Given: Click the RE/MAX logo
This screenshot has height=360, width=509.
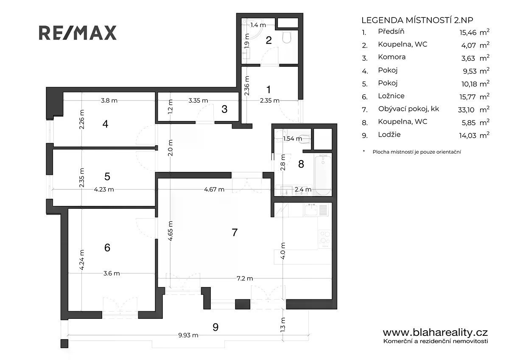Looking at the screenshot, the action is (x=78, y=33).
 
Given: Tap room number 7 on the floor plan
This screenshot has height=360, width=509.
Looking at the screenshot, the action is (x=235, y=232).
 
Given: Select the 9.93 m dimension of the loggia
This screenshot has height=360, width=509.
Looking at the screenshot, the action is (x=188, y=335).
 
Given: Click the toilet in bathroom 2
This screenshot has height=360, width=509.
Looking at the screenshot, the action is (x=287, y=37).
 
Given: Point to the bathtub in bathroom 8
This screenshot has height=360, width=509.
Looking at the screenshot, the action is (x=323, y=174).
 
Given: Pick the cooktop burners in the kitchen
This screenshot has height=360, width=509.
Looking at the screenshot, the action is (x=325, y=239).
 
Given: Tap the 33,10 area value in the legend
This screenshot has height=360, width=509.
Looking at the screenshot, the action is (x=466, y=110).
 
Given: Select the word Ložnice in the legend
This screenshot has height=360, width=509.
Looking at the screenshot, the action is (x=391, y=96).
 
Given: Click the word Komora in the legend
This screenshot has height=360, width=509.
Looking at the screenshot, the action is (x=392, y=57).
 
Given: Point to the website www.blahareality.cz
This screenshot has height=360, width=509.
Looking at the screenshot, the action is (x=435, y=333).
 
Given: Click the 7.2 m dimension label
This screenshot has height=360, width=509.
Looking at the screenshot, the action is (x=245, y=278).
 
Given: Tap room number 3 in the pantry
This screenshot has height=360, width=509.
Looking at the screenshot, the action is (x=224, y=109).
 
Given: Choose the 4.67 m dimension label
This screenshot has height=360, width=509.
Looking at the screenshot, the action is (x=214, y=189).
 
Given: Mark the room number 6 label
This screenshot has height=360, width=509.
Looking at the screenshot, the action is (x=107, y=247).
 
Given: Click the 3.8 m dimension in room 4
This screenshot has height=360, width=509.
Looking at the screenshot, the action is (x=109, y=100).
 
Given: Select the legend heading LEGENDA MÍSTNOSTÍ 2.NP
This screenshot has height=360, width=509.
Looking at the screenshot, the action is (x=417, y=20).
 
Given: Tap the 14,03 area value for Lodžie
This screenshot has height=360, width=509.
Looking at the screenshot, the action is (x=467, y=135).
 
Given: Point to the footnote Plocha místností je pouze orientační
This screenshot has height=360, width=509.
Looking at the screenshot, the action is (x=417, y=152).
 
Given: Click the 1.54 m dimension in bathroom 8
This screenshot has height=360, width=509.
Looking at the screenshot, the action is (x=292, y=138).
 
